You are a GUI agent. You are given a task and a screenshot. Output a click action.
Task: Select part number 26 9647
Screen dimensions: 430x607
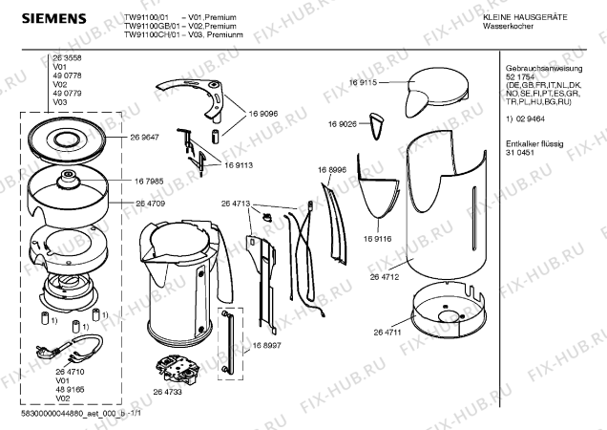tap(144, 138)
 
